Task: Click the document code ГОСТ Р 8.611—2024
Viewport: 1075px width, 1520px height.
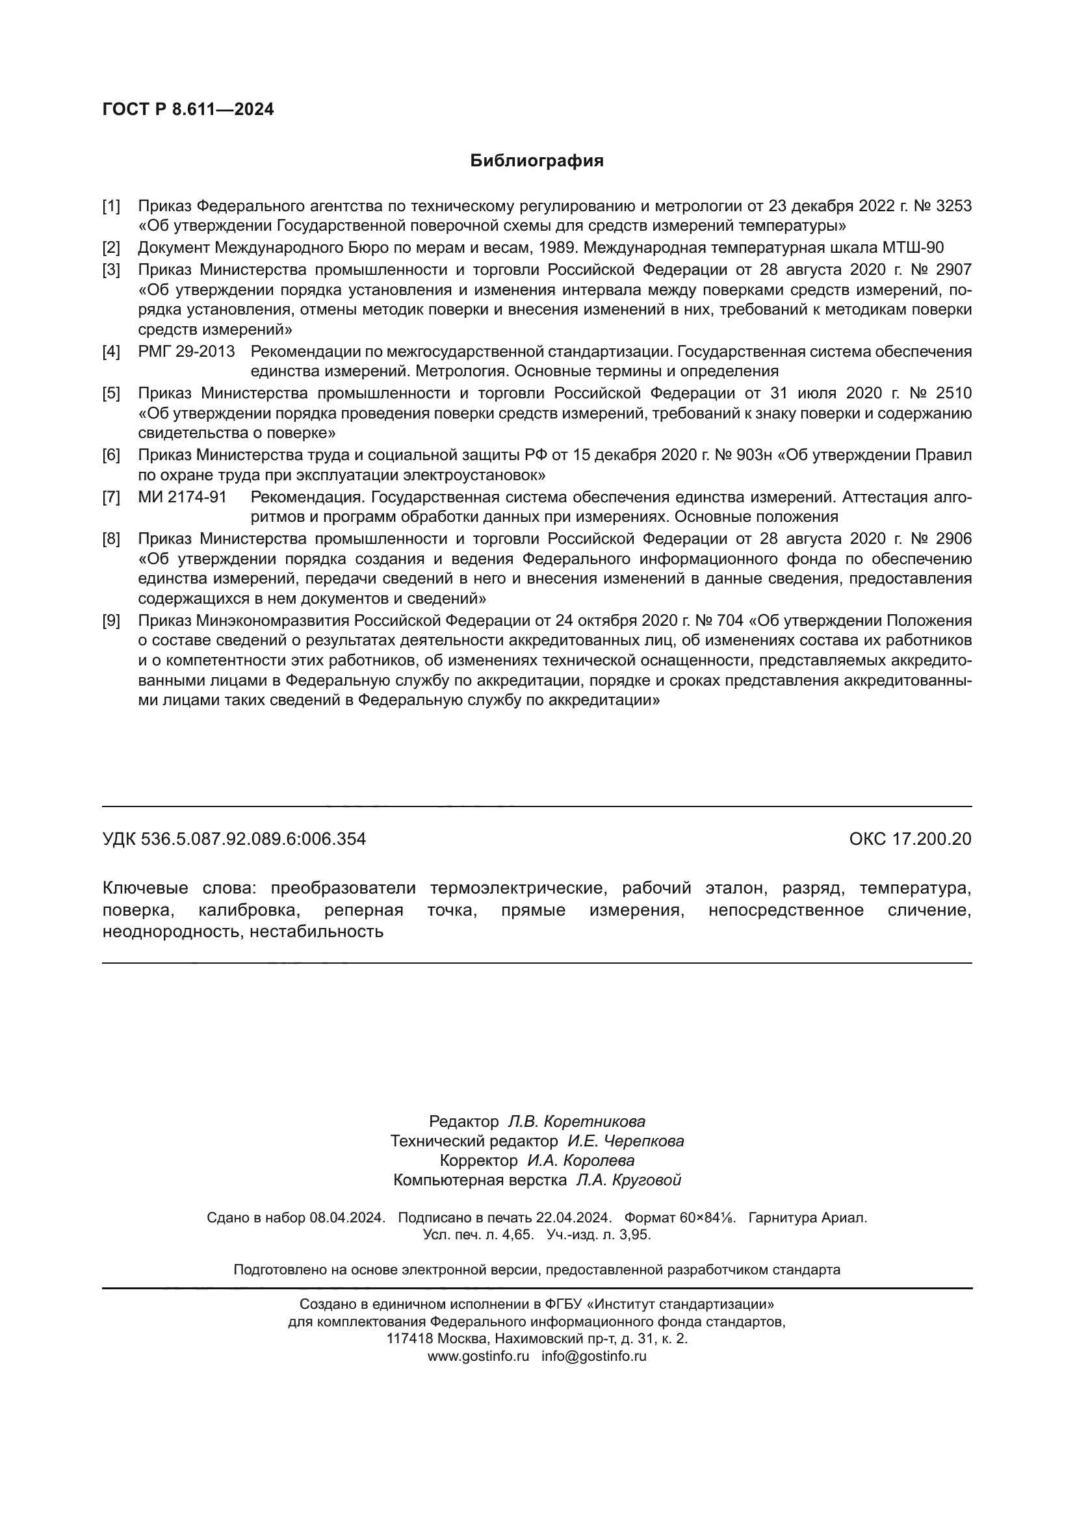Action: (188, 109)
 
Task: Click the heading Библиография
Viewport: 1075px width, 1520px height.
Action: (537, 161)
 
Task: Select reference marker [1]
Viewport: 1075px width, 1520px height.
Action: (111, 206)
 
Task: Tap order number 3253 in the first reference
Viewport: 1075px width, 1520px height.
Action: (954, 206)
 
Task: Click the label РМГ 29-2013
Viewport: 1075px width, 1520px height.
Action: (186, 352)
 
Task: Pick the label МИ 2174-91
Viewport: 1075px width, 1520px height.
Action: (182, 497)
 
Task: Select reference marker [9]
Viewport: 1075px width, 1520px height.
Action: (111, 621)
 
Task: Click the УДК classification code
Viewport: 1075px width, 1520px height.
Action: (235, 840)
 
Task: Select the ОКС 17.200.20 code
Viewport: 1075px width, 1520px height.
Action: (910, 840)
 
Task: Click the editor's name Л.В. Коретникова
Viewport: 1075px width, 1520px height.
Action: (576, 1122)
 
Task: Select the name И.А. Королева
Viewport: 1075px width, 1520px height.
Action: (580, 1161)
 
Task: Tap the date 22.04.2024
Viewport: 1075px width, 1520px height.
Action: (574, 1217)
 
